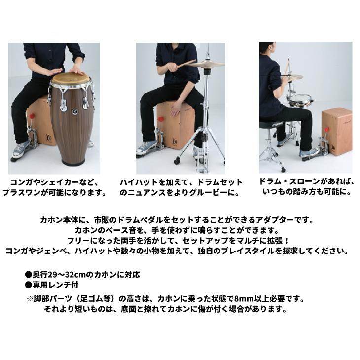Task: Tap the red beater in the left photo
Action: pyautogui.click(x=32, y=115)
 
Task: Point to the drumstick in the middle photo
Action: pyautogui.click(x=186, y=64)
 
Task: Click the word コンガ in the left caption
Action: pyautogui.click(x=21, y=182)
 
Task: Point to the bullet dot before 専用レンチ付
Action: pyautogui.click(x=28, y=285)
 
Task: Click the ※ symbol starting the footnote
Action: pyautogui.click(x=30, y=299)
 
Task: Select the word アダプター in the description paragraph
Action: pyautogui.click(x=275, y=220)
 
